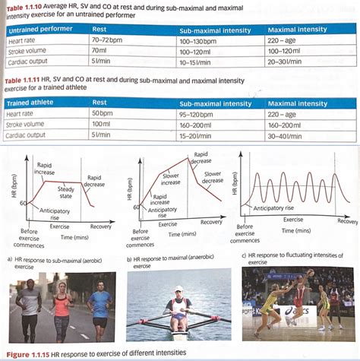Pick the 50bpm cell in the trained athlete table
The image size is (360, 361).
[103, 112]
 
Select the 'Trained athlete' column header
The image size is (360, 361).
[30, 101]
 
